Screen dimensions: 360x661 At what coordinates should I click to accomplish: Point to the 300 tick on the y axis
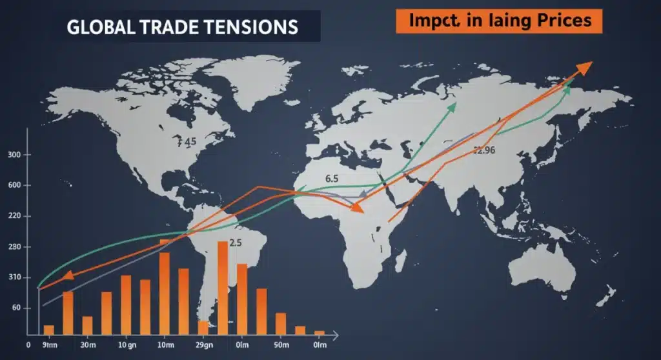pyautogui.click(x=14, y=155)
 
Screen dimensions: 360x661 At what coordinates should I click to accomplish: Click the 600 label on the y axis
pyautogui.click(x=14, y=186)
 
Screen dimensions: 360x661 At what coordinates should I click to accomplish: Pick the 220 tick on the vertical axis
pyautogui.click(x=14, y=216)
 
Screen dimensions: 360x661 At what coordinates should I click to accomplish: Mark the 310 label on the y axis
pyautogui.click(x=14, y=277)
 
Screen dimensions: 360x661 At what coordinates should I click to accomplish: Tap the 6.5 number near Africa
pyautogui.click(x=332, y=177)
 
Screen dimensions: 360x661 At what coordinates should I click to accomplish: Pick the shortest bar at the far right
pyautogui.click(x=319, y=333)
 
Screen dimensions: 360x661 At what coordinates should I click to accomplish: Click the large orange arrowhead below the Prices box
pyautogui.click(x=584, y=68)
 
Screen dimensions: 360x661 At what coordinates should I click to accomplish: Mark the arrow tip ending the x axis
pyautogui.click(x=335, y=335)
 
